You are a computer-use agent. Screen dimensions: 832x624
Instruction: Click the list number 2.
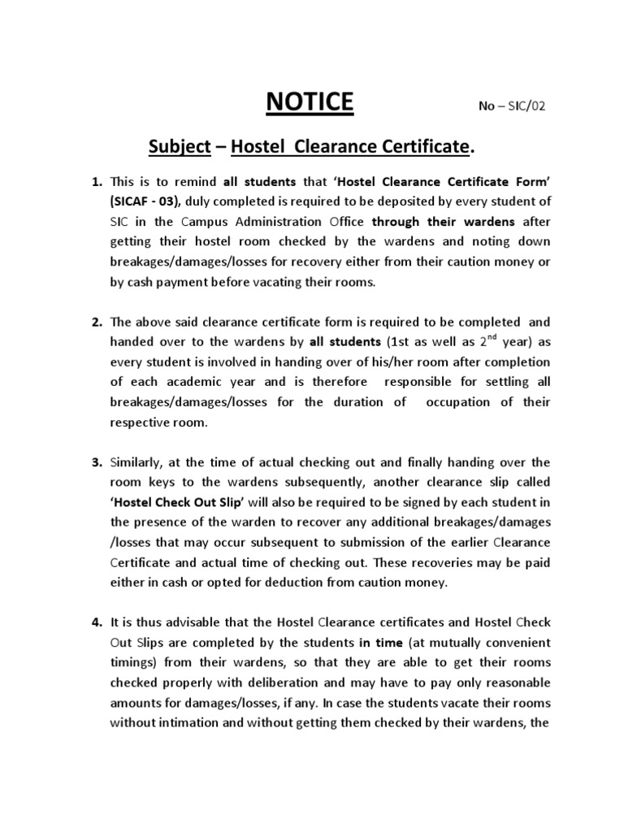95,322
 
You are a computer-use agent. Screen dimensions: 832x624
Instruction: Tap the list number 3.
95,462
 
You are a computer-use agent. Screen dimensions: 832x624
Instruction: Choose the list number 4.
95,622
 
